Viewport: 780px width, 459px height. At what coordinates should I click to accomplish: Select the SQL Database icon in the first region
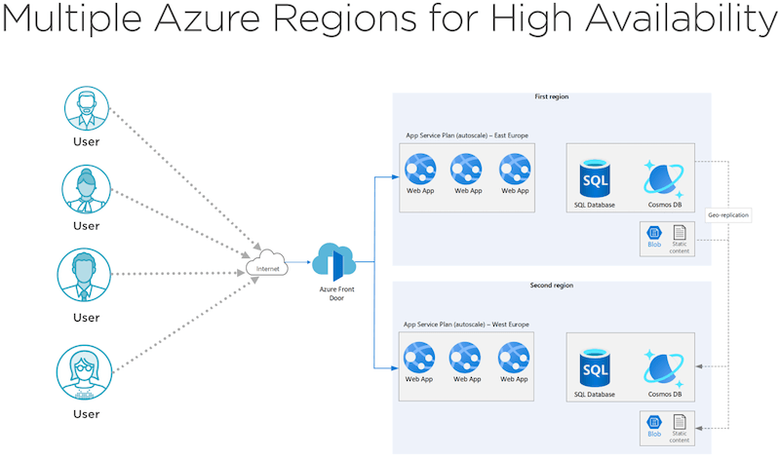[x=593, y=179]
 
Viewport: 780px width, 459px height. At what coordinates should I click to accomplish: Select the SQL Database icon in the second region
[x=593, y=368]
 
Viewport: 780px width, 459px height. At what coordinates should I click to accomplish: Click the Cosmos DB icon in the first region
[x=664, y=179]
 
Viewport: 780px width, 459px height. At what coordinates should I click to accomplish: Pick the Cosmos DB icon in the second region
[x=664, y=368]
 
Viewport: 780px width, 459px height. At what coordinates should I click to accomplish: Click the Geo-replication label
[x=727, y=215]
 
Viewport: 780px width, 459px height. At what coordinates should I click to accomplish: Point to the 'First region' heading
[x=551, y=97]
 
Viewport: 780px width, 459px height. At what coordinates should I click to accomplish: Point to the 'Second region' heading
[x=551, y=286]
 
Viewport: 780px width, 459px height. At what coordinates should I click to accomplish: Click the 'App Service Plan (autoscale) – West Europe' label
[x=465, y=324]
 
